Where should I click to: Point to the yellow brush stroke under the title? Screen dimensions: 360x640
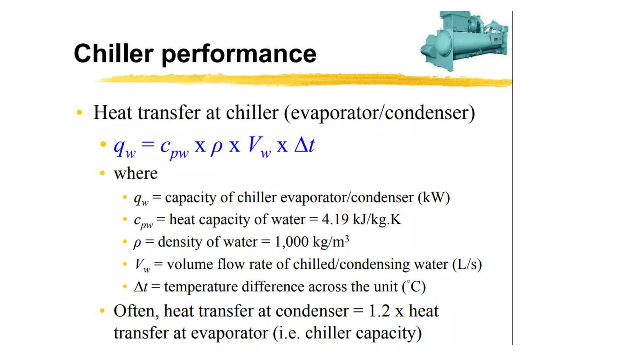(x=303, y=80)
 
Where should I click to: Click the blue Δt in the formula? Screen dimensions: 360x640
(x=304, y=145)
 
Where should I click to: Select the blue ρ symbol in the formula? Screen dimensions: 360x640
(x=217, y=146)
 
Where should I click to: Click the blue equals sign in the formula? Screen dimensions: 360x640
(x=148, y=144)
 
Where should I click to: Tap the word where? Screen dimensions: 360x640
(x=136, y=173)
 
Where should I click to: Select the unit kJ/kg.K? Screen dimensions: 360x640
(x=377, y=219)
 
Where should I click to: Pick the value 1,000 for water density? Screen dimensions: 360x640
(x=291, y=242)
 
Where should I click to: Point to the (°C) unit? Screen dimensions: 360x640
(x=414, y=287)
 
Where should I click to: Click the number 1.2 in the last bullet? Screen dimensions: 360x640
(x=379, y=311)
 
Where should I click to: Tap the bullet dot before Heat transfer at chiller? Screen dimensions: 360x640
(x=79, y=112)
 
